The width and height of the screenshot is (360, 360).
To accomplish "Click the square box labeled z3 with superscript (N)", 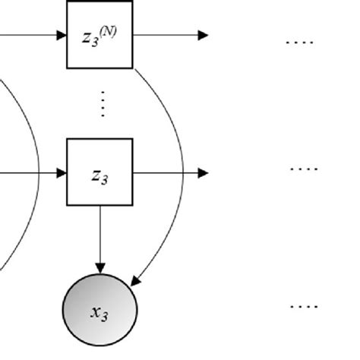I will pos(99,36).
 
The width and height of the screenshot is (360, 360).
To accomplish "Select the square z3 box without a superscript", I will pos(99,172).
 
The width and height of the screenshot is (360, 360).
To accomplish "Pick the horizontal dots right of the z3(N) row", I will pos(298,43).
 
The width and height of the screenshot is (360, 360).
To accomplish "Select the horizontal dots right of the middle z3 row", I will pos(303,169).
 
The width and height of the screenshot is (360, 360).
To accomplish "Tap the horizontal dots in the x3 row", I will pos(303,307).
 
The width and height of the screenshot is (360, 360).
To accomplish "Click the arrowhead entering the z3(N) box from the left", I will pos(62,35).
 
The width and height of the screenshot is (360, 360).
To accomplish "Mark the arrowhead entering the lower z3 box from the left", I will pos(62,173).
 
